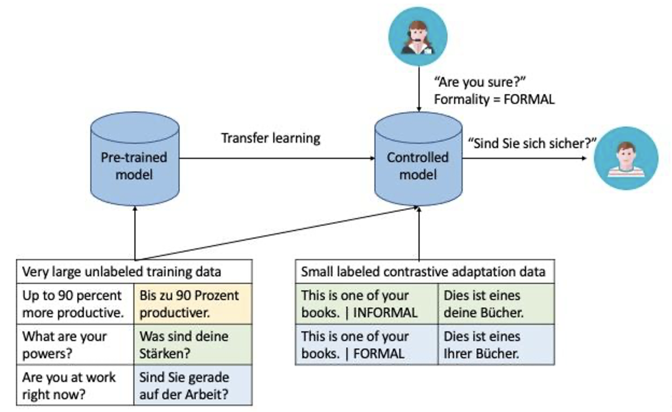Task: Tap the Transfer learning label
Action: pyautogui.click(x=271, y=138)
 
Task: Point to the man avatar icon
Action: pyautogui.click(x=626, y=159)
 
